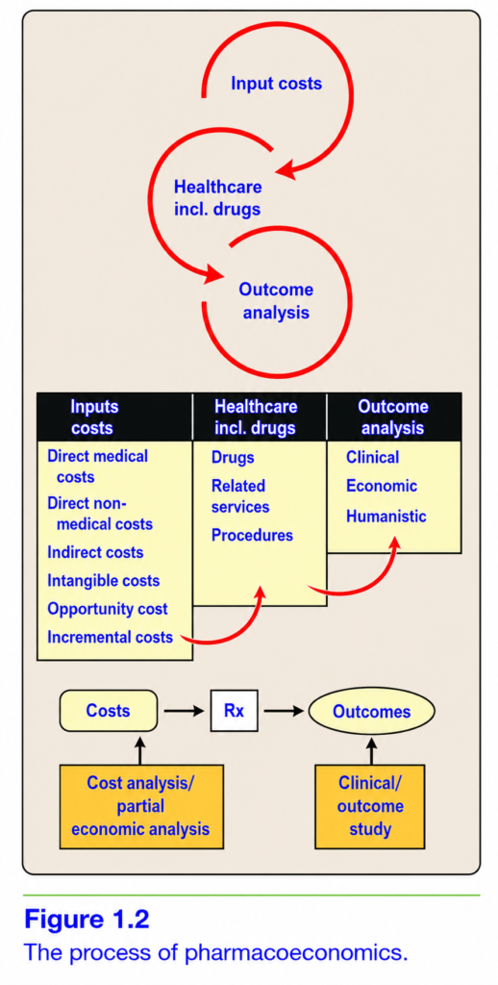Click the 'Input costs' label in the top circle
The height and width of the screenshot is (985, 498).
(x=276, y=84)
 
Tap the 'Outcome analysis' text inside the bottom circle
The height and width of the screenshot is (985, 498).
(x=276, y=301)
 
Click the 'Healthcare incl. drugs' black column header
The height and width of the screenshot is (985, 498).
(x=260, y=417)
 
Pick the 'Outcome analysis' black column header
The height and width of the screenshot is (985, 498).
(x=394, y=417)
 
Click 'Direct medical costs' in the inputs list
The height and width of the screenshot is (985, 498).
(x=97, y=467)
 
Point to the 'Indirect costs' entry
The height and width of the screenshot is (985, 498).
(x=95, y=552)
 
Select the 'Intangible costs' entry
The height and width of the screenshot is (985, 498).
(x=103, y=580)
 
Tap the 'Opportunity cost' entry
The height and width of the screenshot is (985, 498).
(x=108, y=609)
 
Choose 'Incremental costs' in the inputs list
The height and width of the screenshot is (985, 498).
(x=110, y=638)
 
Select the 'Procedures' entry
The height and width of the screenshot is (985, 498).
(x=253, y=535)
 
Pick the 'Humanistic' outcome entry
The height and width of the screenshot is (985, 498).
(x=386, y=517)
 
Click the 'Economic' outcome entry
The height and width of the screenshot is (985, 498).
(x=382, y=486)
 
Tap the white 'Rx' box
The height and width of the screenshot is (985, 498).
(x=234, y=712)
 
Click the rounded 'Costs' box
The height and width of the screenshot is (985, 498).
(x=109, y=711)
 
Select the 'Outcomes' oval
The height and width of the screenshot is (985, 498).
(x=372, y=712)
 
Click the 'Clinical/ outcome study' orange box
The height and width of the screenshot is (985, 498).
(x=370, y=806)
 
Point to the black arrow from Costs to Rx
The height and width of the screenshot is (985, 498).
(x=185, y=712)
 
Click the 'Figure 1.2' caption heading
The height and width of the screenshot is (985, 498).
(x=87, y=920)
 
